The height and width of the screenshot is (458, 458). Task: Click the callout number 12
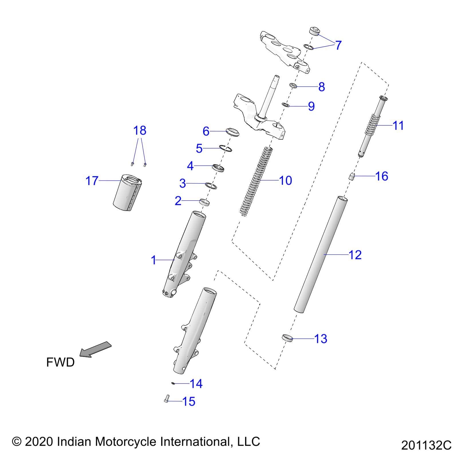pos(355,255)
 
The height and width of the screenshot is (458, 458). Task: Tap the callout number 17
pos(92,181)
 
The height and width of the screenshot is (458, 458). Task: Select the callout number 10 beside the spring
pos(285,180)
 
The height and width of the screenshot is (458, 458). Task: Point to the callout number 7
pos(338,45)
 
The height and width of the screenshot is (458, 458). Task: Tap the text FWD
pos(60,362)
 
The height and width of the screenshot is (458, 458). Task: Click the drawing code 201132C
pos(426,445)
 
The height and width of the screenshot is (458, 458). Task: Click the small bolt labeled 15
pos(167,399)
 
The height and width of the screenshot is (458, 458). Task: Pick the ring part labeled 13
pos(287,338)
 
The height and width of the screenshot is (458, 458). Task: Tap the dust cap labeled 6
pos(232,132)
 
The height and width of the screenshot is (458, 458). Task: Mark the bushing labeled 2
pos(204,202)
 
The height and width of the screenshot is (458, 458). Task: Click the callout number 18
pos(140,131)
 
